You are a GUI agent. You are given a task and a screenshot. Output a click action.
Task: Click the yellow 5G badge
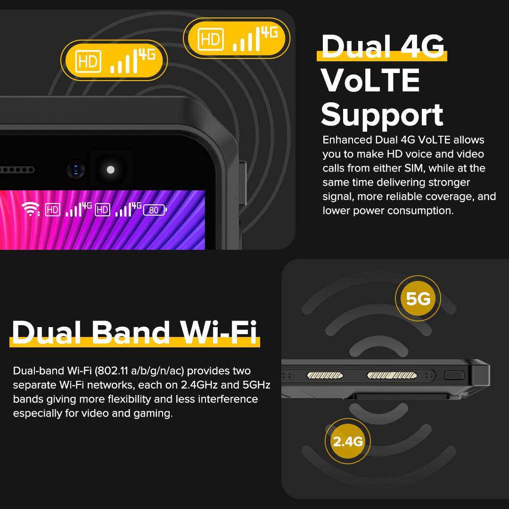[x=418, y=298]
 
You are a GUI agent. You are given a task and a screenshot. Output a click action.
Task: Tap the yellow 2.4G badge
[x=348, y=441]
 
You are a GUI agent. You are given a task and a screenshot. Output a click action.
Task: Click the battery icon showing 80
[x=155, y=210]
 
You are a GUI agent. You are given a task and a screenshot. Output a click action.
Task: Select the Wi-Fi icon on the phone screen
[x=31, y=209]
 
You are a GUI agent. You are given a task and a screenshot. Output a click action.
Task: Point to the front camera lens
[x=75, y=170]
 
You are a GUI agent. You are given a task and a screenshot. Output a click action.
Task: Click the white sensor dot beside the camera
[x=111, y=170]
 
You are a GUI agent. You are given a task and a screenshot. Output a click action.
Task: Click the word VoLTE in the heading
[x=370, y=80]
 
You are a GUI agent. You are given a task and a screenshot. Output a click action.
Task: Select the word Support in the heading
[x=382, y=115]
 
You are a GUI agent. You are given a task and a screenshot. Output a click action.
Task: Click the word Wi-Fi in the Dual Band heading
[x=219, y=332]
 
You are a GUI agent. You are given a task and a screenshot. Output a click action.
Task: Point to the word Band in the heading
[x=131, y=332]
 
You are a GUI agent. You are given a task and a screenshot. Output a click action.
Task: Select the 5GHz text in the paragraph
[x=256, y=385]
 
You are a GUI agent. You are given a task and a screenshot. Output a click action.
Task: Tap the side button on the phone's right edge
[x=243, y=183]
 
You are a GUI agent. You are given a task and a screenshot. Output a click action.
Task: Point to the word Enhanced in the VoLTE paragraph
[x=347, y=140]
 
